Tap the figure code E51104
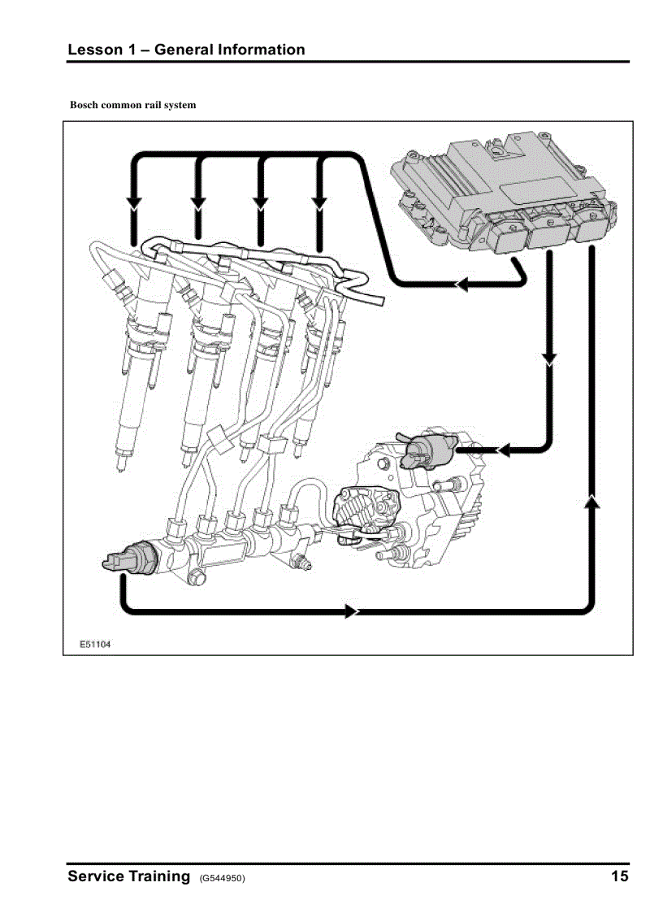[95, 644]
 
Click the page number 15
[619, 876]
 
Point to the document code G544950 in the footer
[222, 878]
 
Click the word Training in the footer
[157, 876]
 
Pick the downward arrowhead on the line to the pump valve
[550, 359]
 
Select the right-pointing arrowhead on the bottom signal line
[352, 611]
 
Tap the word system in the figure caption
[180, 105]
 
